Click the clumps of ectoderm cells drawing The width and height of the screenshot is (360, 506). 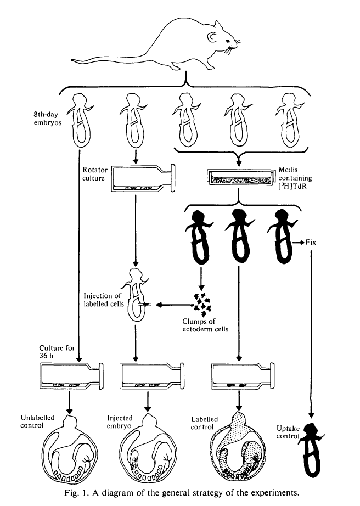tap(201, 301)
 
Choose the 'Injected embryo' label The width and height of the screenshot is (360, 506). tap(120, 422)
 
